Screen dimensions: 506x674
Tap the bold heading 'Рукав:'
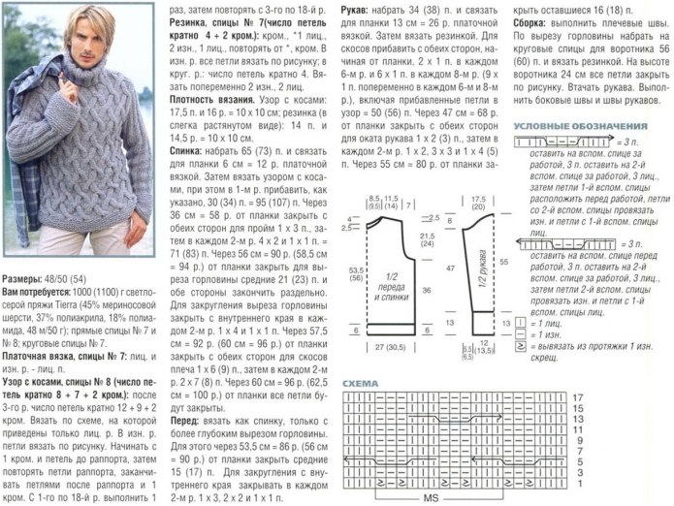tap(354, 7)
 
